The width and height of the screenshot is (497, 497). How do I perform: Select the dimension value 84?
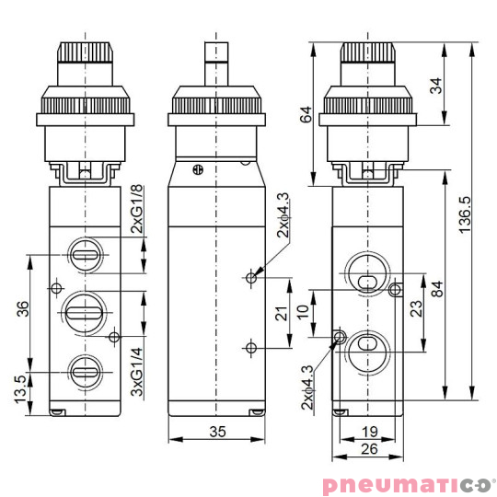438,287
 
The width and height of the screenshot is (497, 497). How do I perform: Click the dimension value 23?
416,307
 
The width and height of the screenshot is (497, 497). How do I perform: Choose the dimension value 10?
303,311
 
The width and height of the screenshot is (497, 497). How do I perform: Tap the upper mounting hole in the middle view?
250,275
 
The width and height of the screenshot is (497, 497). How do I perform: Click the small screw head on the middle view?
196,169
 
